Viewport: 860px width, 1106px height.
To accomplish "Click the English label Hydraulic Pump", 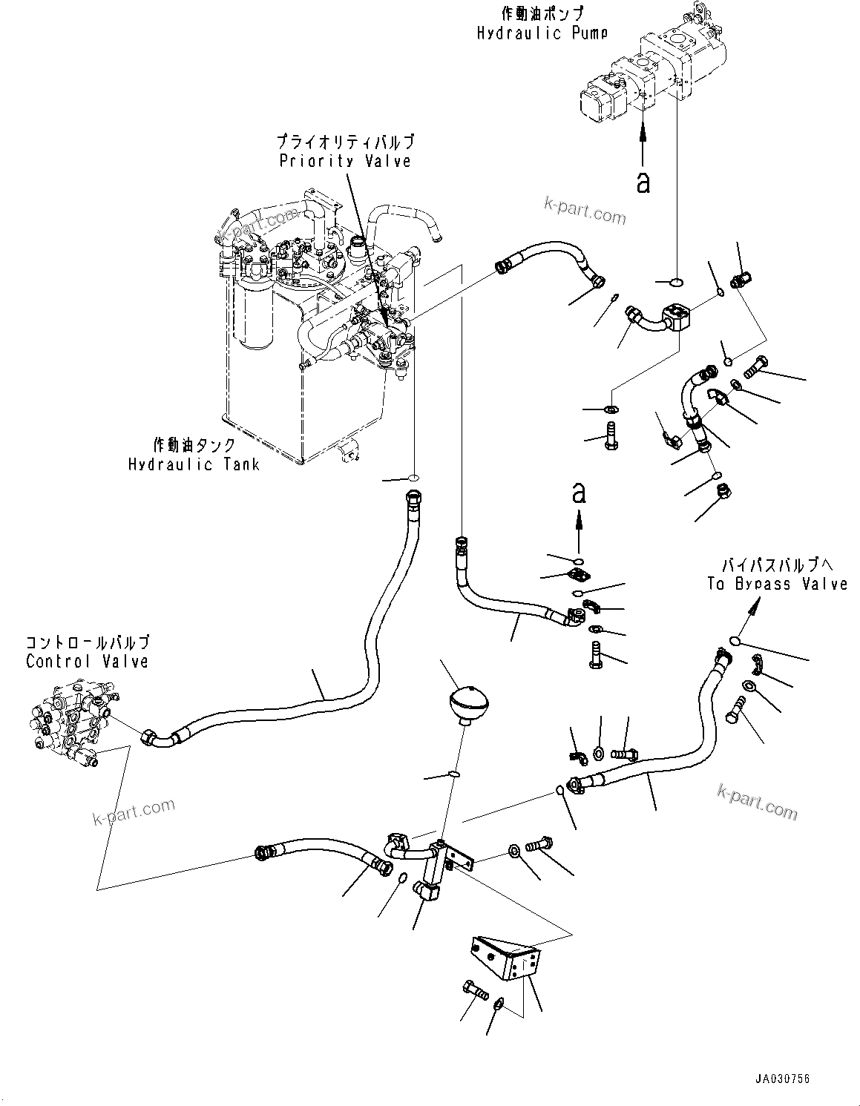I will point(542,33).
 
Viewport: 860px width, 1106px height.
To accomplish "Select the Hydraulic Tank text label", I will point(194,464).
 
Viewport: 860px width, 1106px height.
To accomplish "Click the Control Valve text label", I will point(87,661).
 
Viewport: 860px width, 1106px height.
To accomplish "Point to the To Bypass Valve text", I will point(777,584).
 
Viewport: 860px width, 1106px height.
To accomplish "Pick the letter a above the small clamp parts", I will point(580,493).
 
